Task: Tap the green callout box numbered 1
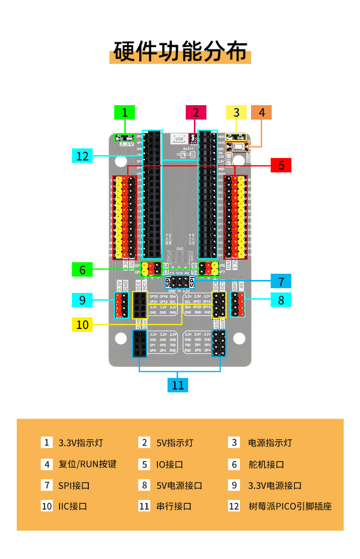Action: point(125,112)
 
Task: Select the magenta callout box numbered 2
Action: point(196,112)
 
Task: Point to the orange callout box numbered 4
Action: point(261,112)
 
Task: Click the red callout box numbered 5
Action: point(281,165)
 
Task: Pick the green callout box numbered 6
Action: point(82,270)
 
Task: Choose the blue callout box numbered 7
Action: point(281,281)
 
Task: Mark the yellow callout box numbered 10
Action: point(82,324)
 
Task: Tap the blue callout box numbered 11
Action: point(178,385)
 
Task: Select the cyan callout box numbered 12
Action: point(82,156)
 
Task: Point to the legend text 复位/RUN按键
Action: point(87,464)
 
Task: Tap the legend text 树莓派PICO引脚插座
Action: point(290,506)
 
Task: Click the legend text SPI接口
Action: point(74,485)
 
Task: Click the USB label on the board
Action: point(179,139)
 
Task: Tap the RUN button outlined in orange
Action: point(238,147)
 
